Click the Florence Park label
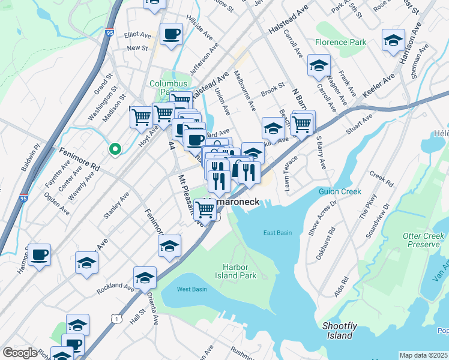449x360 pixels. pos(340,43)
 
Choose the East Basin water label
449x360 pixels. pos(277,233)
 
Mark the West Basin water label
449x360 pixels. pos(191,289)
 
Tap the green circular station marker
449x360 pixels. pos(114,149)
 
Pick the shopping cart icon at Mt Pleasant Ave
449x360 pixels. pos(205,209)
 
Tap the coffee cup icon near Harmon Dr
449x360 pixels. pos(40,254)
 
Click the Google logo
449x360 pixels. pos(20,353)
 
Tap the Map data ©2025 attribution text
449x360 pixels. pos(424,355)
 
